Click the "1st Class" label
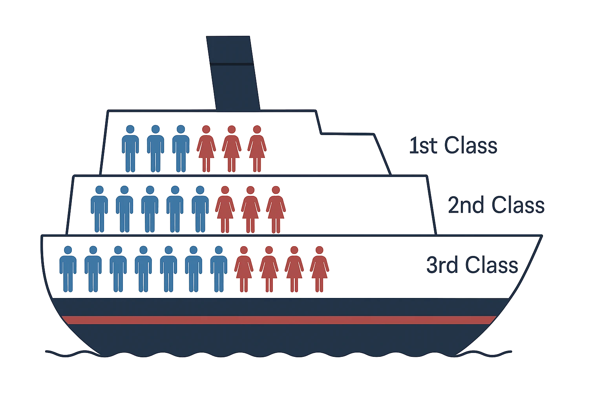click(453, 145)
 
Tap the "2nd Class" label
click(496, 205)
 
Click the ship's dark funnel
click(233, 73)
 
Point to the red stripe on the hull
click(279, 320)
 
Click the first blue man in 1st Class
click(130, 149)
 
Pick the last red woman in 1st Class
click(257, 149)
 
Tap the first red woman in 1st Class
click(206, 149)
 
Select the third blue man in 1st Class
click(181, 149)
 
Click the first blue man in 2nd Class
click(99, 209)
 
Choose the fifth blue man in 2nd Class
click(200, 209)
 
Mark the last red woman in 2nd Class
click(276, 210)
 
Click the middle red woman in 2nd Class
click(250, 210)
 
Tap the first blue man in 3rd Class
click(68, 269)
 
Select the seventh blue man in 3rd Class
click(219, 269)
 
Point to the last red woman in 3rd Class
click(320, 269)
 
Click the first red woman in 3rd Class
click(244, 269)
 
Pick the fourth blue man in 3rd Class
click(143, 269)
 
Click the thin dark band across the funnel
click(232, 64)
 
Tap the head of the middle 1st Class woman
click(232, 129)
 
